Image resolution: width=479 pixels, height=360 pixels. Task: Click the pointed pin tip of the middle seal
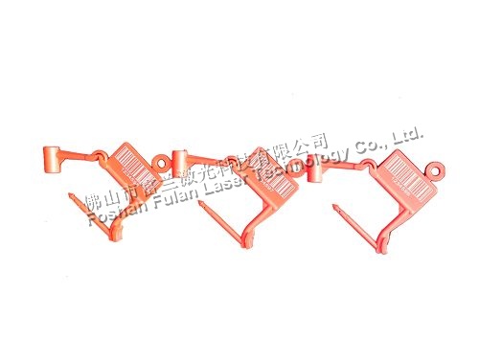click(x=199, y=200)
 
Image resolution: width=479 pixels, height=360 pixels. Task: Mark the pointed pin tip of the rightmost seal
click(x=335, y=205)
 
